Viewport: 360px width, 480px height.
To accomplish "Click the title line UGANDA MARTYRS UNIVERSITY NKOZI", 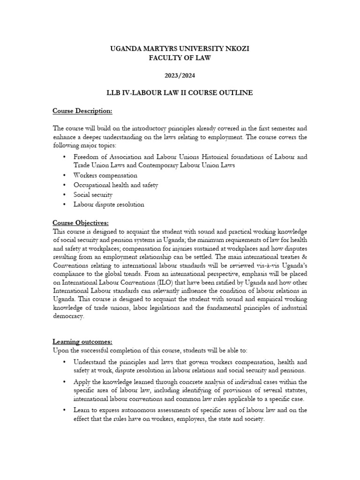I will [x=180, y=48].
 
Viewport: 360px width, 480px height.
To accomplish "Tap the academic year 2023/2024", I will [x=180, y=75].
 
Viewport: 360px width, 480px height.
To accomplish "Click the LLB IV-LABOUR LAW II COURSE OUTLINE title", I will [x=180, y=93].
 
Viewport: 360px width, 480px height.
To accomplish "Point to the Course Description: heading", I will [x=82, y=111].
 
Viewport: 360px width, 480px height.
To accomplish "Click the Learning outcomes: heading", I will [x=82, y=342].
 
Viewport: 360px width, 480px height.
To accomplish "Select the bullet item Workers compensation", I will [x=105, y=175].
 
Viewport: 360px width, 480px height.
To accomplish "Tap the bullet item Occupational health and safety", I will [x=115, y=185].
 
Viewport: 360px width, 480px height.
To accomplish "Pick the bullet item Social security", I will [x=93, y=195].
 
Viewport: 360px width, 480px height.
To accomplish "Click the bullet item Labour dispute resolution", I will [x=109, y=204].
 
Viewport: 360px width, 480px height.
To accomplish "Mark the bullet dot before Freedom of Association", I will [x=64, y=156].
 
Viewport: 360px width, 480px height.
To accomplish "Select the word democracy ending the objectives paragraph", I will [x=68, y=316].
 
